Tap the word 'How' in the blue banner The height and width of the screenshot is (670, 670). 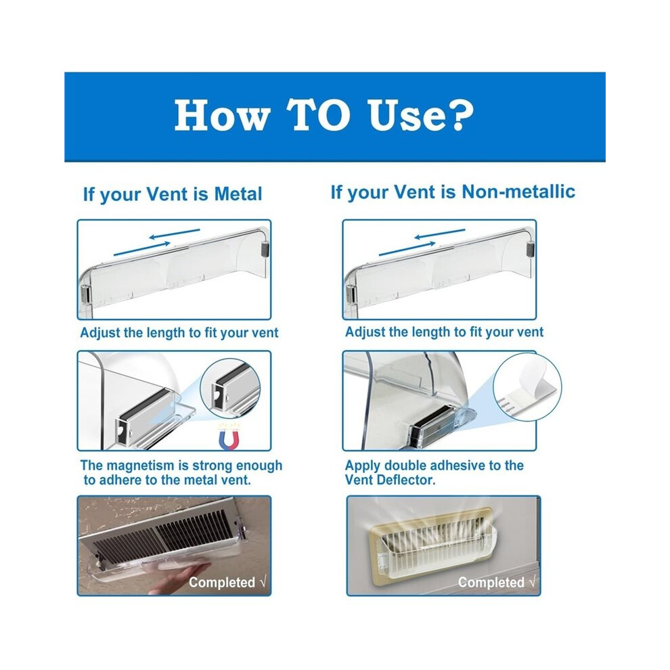click(222, 115)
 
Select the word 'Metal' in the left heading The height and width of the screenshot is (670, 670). click(238, 194)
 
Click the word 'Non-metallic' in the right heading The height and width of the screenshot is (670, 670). click(518, 192)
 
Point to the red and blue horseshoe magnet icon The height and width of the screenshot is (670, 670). click(229, 437)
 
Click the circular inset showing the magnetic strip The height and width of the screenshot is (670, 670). click(230, 388)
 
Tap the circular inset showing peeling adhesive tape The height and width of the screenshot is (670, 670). click(527, 387)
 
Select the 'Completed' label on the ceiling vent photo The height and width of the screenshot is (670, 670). click(222, 583)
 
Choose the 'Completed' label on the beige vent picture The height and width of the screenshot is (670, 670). click(491, 583)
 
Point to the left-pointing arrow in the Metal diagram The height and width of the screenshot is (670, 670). click(175, 233)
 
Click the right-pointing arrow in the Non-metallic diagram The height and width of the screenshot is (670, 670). click(407, 248)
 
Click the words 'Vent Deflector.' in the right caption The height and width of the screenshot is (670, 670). click(390, 480)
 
